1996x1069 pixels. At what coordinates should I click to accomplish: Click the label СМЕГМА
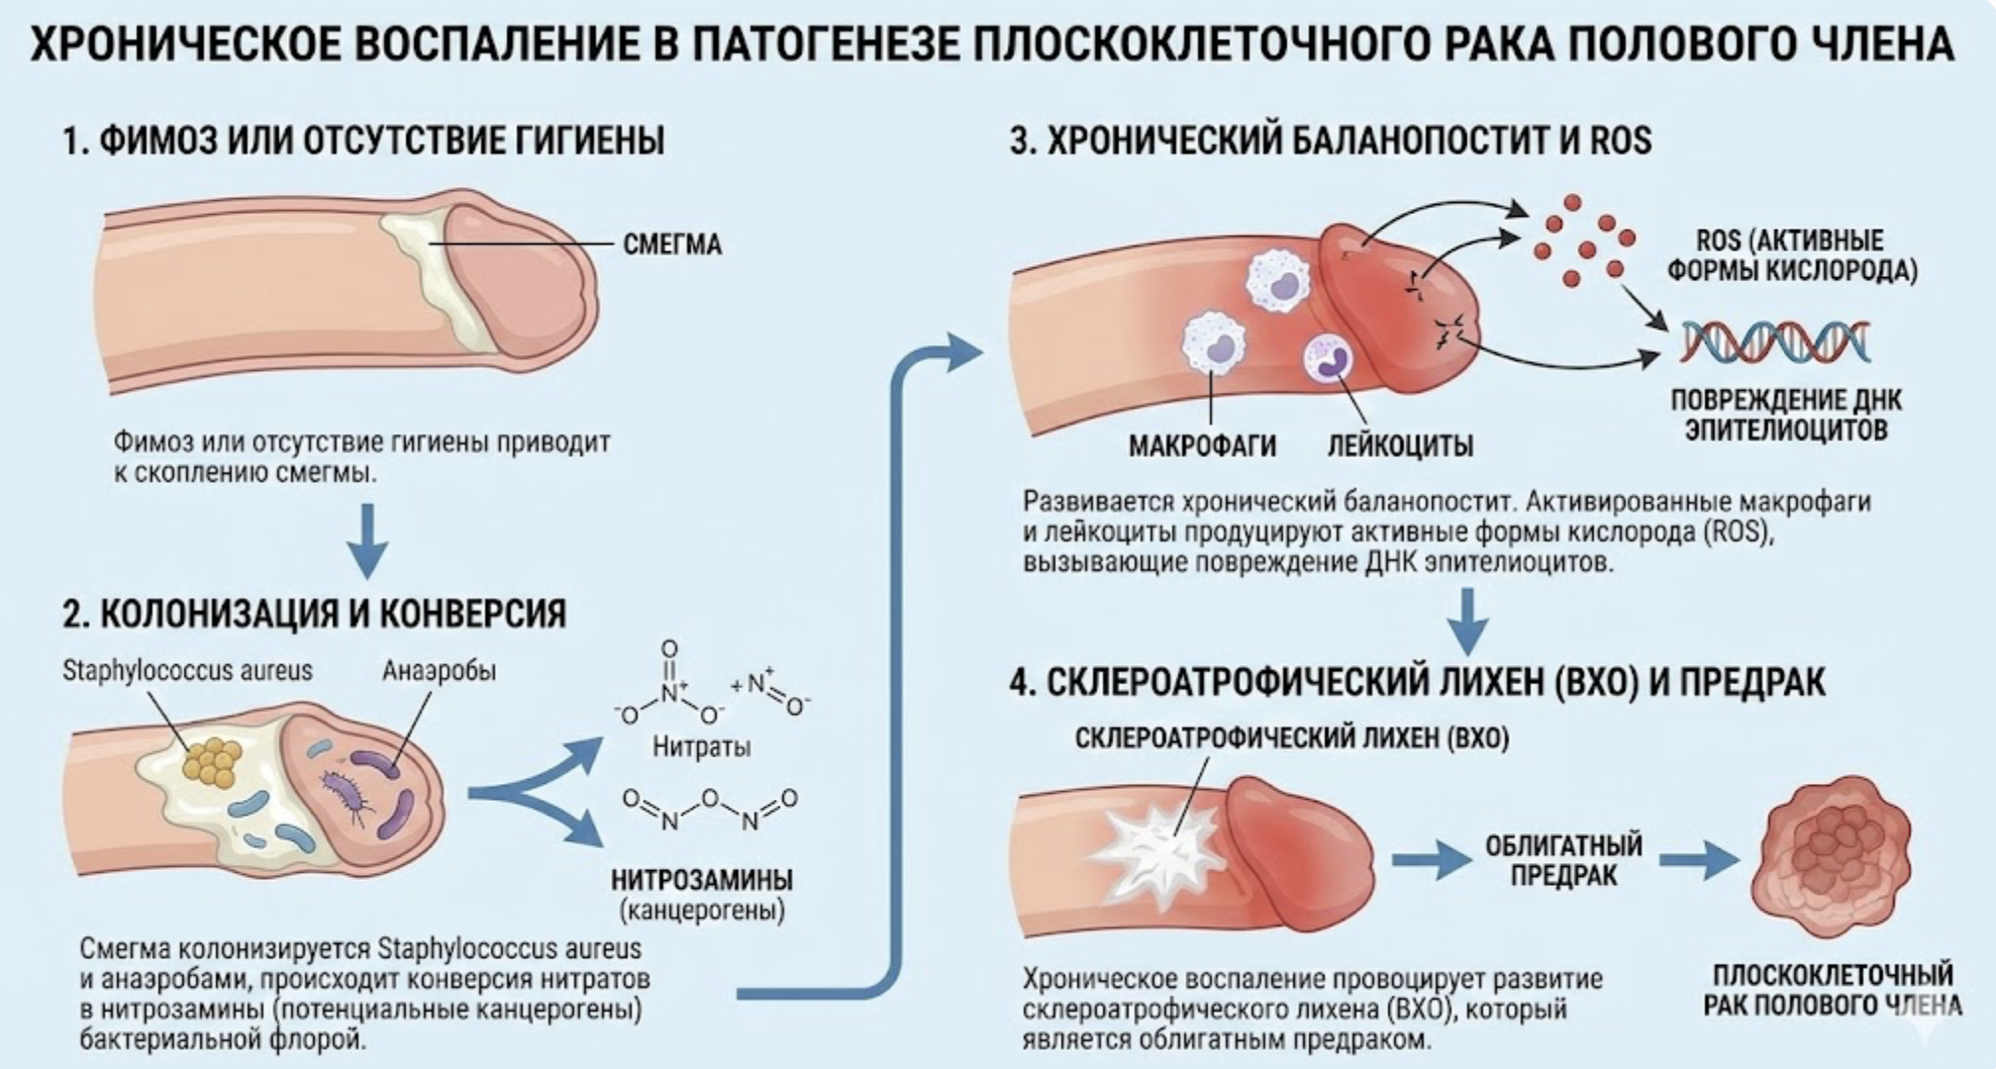point(672,243)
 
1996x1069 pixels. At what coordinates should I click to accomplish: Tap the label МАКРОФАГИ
point(1202,445)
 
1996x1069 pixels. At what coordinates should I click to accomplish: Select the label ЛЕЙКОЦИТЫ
point(1400,445)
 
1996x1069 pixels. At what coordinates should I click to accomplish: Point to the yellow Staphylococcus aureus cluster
point(211,761)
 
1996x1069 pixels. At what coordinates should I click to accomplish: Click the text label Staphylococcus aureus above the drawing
point(187,670)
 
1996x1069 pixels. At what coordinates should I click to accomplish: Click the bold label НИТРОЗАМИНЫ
point(702,878)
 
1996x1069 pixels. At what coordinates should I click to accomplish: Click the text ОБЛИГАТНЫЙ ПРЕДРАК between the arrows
point(1563,860)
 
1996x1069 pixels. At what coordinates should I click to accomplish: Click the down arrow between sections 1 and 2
point(367,540)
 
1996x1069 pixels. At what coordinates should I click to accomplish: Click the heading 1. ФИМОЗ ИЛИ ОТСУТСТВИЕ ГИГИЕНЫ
point(363,141)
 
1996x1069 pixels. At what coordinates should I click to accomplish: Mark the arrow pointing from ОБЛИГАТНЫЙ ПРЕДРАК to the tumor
point(1698,860)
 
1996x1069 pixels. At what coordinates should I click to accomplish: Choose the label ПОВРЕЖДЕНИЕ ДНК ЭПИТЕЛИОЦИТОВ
point(1786,415)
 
